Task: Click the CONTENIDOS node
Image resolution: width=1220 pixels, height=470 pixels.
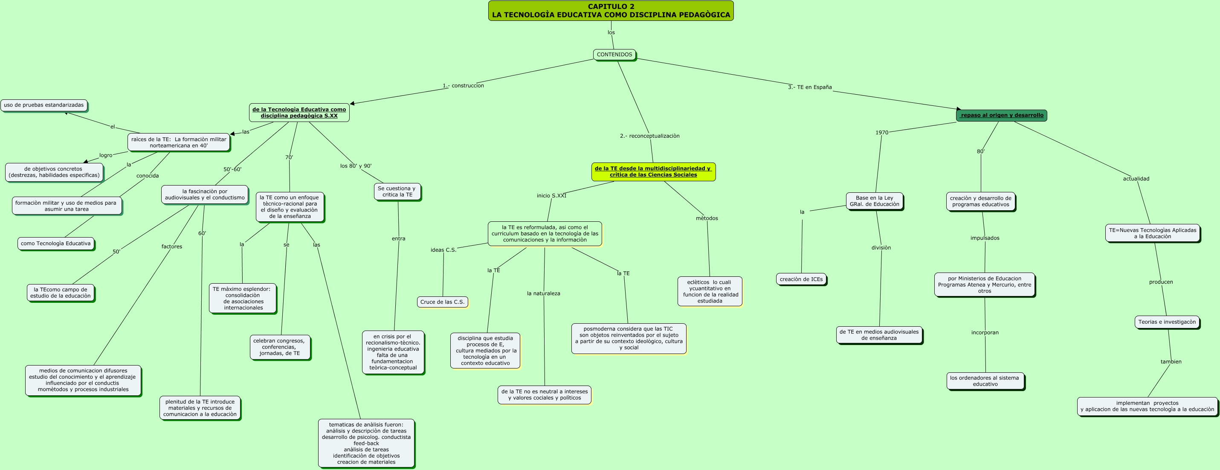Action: [x=614, y=55]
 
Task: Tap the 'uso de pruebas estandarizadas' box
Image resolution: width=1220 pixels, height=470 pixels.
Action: [x=44, y=105]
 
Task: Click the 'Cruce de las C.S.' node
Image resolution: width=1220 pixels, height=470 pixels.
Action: [x=442, y=302]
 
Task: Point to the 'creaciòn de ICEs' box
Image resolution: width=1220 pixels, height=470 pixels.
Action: [x=801, y=279]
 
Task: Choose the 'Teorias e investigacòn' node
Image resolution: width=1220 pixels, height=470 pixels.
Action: [x=1167, y=322]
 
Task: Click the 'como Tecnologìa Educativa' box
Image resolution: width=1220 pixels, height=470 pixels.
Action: [x=56, y=244]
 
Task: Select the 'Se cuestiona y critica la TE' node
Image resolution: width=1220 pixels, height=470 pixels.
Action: [x=397, y=192]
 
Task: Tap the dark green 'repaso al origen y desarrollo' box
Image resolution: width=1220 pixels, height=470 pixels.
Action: [x=1001, y=116]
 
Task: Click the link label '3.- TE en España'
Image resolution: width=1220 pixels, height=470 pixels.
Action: [x=810, y=87]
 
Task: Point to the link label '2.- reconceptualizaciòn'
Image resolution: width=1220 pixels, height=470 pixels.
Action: [x=649, y=136]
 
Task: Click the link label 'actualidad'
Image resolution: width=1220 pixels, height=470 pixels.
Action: [x=1136, y=179]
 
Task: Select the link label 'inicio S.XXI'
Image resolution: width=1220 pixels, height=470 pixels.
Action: [x=551, y=196]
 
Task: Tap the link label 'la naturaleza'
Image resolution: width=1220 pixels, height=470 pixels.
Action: [x=543, y=294]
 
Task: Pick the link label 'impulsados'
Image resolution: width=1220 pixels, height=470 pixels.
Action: [x=985, y=238]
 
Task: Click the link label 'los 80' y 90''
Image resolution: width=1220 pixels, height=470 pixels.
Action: [x=356, y=166]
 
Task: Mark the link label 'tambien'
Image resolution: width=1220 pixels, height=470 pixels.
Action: [x=1171, y=362]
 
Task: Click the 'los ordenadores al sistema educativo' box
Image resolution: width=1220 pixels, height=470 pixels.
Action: [x=985, y=381]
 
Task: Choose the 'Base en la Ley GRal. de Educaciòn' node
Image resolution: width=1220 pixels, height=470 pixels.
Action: [x=874, y=201]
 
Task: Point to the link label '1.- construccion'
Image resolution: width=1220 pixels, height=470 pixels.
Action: [x=463, y=86]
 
